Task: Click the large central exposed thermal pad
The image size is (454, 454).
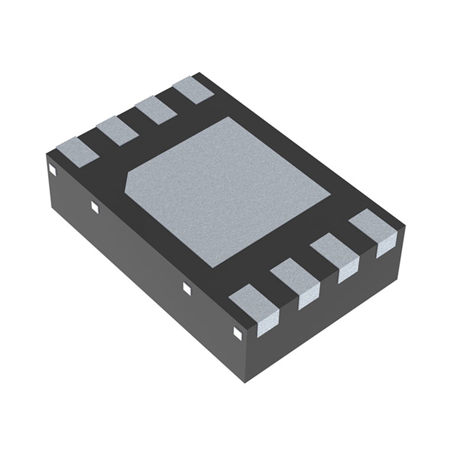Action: [227, 190]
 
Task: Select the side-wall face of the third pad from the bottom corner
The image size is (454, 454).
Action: [348, 272]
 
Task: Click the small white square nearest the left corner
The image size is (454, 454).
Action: [51, 169]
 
